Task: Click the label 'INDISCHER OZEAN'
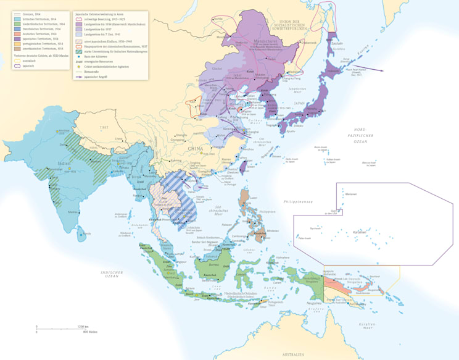(x=112, y=274)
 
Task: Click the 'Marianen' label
(x=352, y=194)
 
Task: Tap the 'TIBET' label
(x=104, y=127)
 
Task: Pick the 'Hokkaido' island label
(x=332, y=70)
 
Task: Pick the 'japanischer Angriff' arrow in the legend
(x=78, y=77)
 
